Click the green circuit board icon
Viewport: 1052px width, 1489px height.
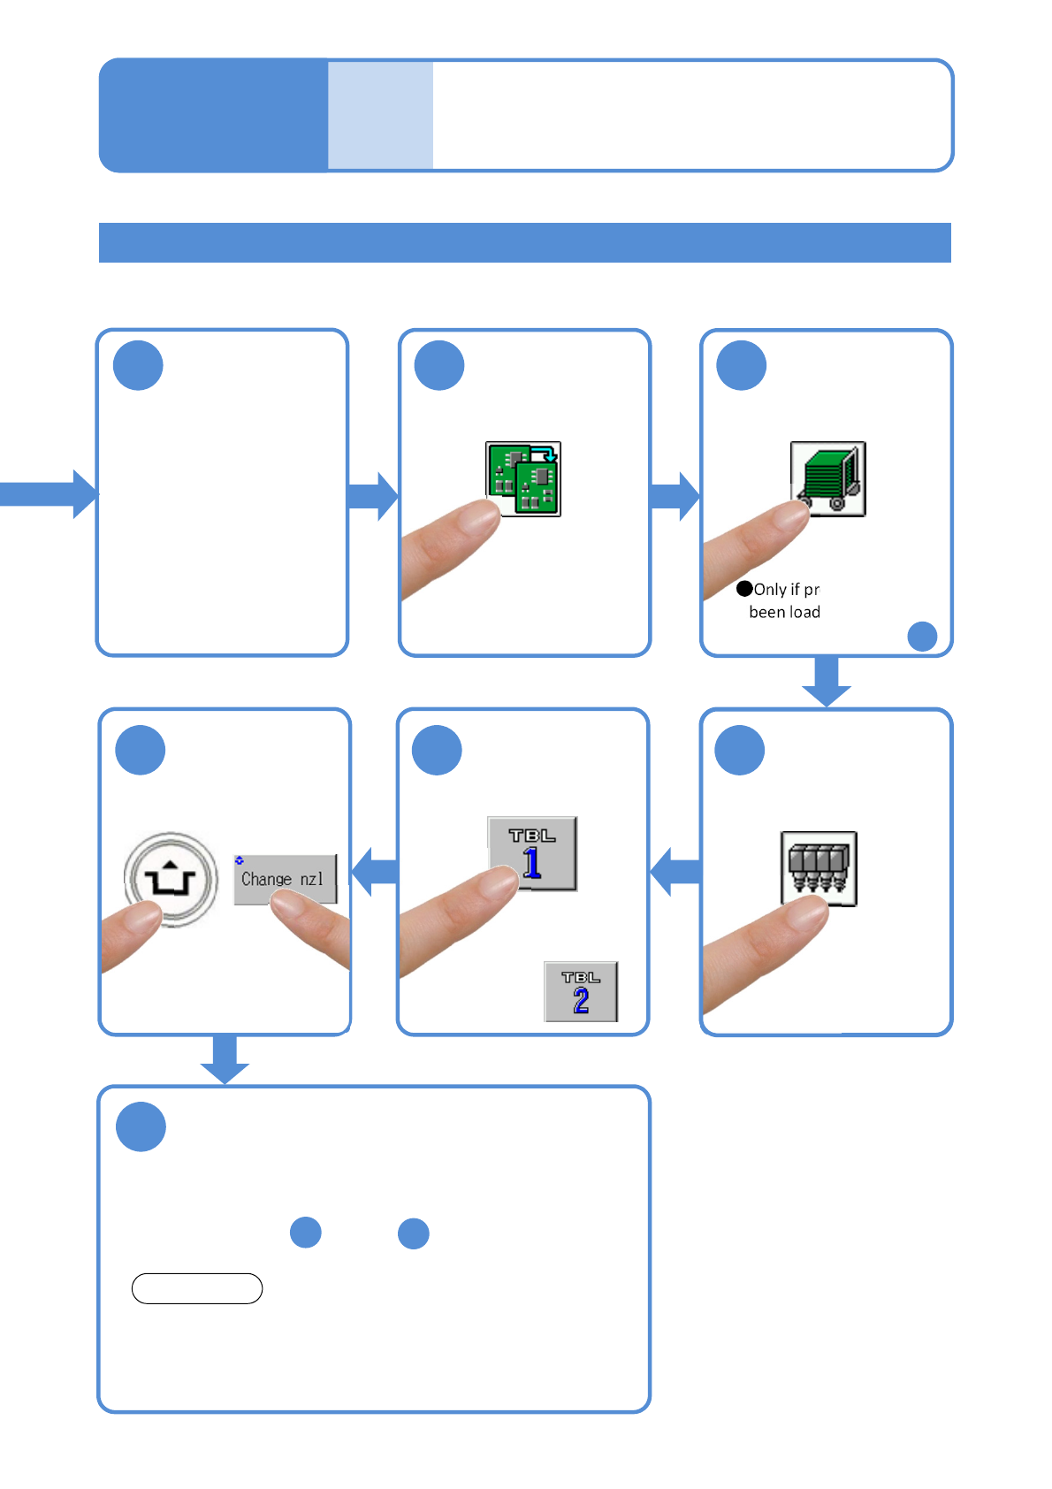pyautogui.click(x=523, y=478)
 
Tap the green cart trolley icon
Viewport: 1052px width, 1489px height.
pyautogui.click(x=828, y=478)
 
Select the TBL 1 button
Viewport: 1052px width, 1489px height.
pyautogui.click(x=533, y=853)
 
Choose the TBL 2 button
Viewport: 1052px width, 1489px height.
pyautogui.click(x=581, y=991)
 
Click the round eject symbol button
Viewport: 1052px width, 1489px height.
pyautogui.click(x=171, y=879)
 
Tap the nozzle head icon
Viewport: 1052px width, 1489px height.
pyautogui.click(x=819, y=867)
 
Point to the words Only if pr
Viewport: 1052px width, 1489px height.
pyautogui.click(x=786, y=590)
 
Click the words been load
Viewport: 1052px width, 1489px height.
pyautogui.click(x=784, y=612)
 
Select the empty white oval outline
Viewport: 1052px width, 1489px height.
pyautogui.click(x=197, y=1288)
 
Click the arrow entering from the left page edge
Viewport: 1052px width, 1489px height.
pyautogui.click(x=49, y=493)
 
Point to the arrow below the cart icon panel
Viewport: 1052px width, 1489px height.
pyautogui.click(x=827, y=682)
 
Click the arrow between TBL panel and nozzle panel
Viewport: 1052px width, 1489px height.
pyautogui.click(x=675, y=872)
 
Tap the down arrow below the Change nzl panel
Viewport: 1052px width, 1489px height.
pyautogui.click(x=225, y=1058)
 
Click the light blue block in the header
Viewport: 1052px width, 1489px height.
pyautogui.click(x=380, y=115)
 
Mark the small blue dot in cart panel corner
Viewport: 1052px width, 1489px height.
pyautogui.click(x=922, y=636)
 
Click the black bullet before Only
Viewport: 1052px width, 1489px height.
pyautogui.click(x=744, y=589)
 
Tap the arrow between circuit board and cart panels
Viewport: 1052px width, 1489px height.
pyautogui.click(x=675, y=496)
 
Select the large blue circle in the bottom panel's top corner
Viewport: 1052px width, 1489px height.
pyautogui.click(x=141, y=1126)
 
